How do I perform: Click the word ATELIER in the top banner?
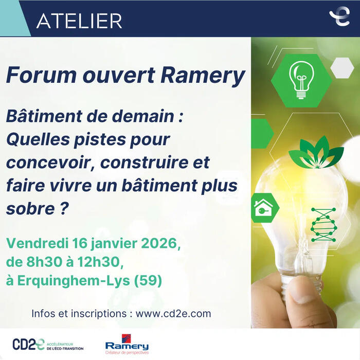[79, 20]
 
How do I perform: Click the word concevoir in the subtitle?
[50, 163]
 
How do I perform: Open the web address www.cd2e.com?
[173, 313]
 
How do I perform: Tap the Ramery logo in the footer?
[127, 345]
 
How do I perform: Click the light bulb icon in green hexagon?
[301, 80]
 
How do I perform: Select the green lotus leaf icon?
[315, 153]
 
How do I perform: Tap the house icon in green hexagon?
[264, 208]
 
